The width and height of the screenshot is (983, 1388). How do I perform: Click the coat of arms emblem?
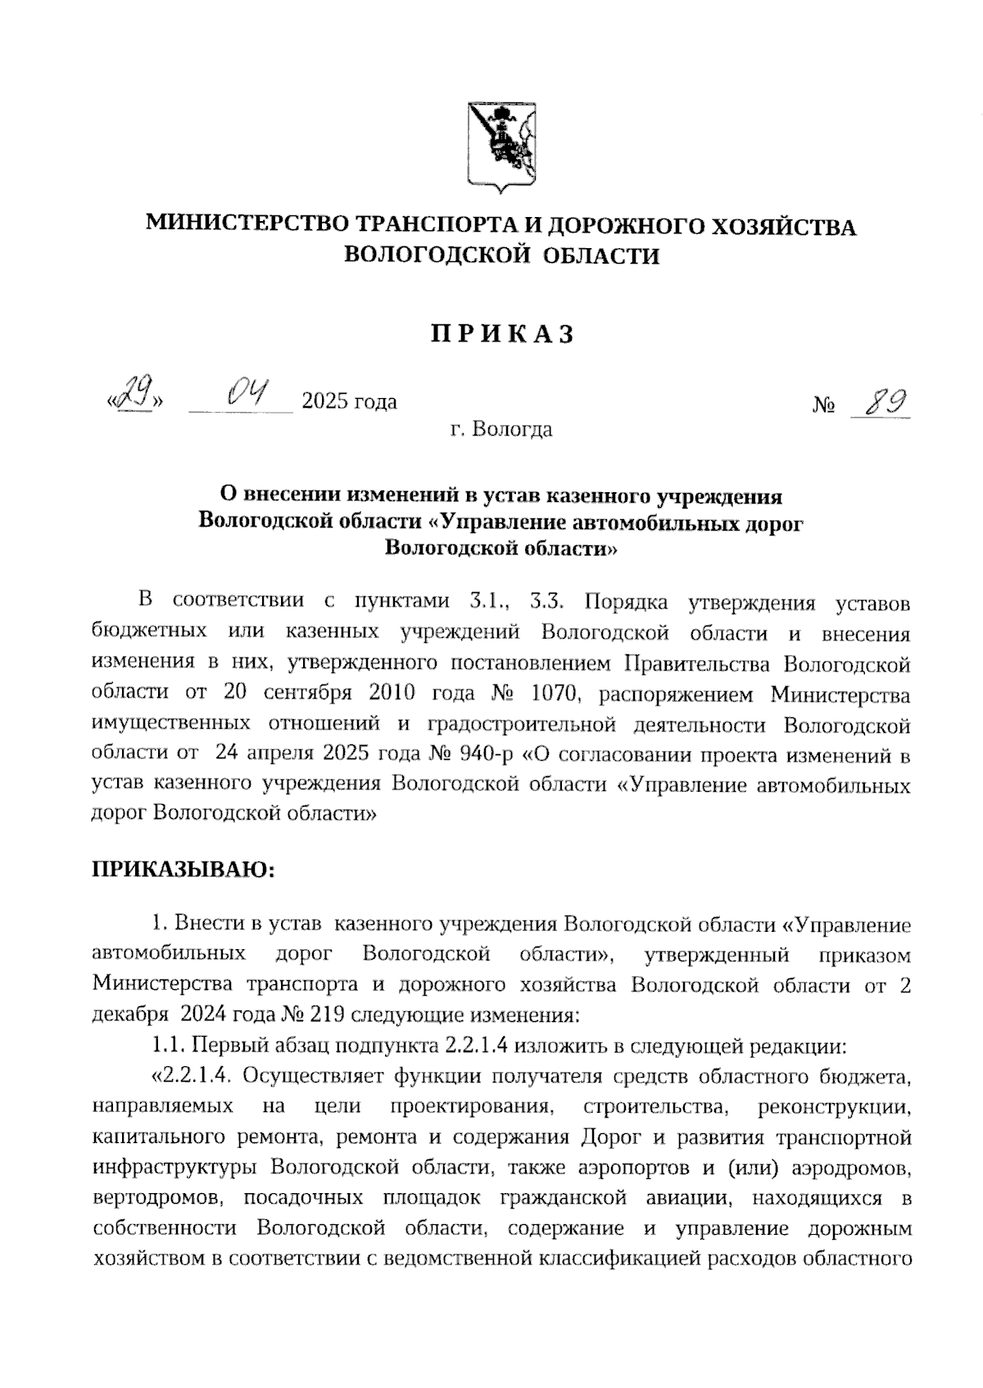click(501, 147)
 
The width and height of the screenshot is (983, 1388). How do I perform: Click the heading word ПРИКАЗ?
click(501, 334)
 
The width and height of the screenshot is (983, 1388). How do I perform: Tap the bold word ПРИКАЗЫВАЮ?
click(183, 870)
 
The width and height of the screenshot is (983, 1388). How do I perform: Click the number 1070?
click(556, 694)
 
